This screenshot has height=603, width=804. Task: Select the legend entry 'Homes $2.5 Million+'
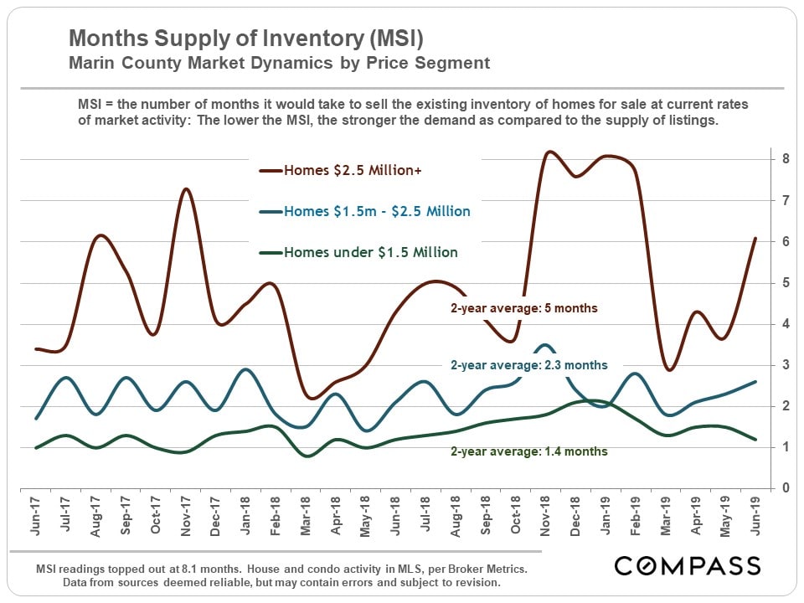(353, 171)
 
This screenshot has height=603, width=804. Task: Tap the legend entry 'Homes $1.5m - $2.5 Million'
(377, 212)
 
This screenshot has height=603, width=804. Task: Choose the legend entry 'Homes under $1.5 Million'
(371, 252)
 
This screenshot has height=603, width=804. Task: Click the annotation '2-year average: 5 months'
(524, 308)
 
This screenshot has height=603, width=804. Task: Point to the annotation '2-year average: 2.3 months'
(529, 365)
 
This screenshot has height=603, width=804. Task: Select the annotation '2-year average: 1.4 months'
(529, 451)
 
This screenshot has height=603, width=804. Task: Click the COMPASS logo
(688, 566)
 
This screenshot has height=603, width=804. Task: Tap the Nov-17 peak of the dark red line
(186, 189)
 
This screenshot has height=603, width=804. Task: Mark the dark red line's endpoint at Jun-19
(755, 239)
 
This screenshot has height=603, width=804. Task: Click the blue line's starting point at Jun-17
(35, 418)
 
